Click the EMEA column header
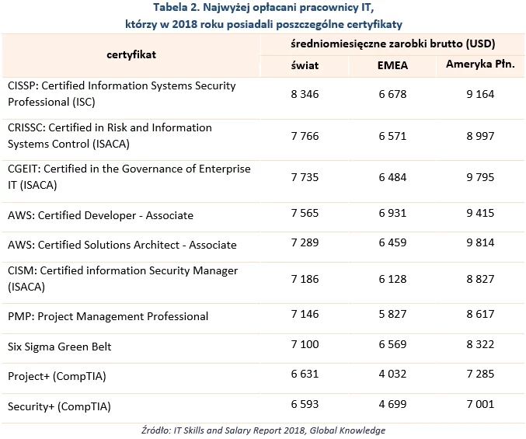click(392, 65)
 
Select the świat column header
click(305, 65)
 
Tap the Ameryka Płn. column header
click(480, 64)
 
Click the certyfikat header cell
click(131, 54)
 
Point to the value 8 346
click(305, 94)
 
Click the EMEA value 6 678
click(392, 94)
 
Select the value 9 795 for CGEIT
click(480, 177)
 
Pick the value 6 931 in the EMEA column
click(392, 213)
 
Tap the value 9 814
click(480, 242)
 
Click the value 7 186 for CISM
click(305, 279)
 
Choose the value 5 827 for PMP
click(392, 314)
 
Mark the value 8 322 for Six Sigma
click(480, 344)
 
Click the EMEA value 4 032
click(392, 374)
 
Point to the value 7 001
click(480, 404)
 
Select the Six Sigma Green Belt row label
click(59, 347)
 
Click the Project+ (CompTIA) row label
click(57, 376)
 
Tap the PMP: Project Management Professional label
click(108, 316)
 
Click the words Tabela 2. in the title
click(176, 7)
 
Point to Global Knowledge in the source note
click(347, 430)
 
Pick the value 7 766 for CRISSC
click(305, 136)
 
